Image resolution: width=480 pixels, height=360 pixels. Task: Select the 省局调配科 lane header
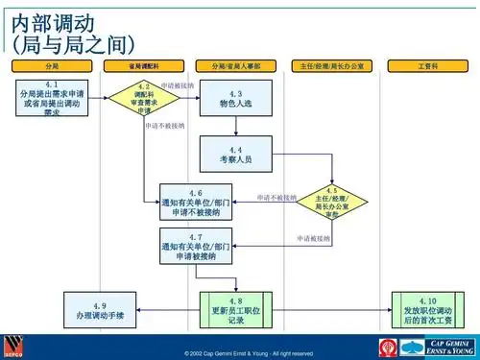143,65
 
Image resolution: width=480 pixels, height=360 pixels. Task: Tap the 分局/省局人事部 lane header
236,65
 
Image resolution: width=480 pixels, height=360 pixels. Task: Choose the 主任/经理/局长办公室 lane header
332,65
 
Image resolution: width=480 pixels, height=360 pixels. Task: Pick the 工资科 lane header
425,65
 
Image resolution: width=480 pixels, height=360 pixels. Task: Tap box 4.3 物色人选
235,98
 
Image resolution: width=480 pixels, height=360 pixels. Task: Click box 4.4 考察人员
235,152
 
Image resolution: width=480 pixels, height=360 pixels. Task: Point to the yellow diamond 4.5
332,200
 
